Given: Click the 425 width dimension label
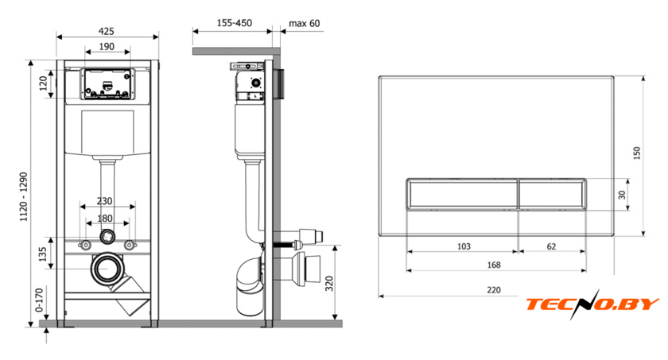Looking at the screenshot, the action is (107, 31).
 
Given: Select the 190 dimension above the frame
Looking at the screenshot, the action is (107, 46).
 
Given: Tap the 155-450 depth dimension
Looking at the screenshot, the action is (235, 22).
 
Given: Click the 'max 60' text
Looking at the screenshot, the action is (304, 23).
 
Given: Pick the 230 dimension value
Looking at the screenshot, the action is (104, 201).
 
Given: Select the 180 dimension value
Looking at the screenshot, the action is (105, 219).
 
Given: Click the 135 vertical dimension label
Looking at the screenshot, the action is (43, 254).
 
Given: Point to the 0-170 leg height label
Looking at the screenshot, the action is (39, 300).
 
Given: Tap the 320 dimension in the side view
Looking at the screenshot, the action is (329, 284).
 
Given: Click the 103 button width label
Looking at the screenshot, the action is (464, 246).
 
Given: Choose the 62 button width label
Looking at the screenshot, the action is (551, 246).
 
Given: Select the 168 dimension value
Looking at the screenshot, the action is (494, 265).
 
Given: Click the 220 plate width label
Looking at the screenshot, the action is (494, 290).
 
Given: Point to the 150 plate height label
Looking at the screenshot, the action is (636, 153).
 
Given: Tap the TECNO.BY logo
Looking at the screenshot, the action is (592, 304).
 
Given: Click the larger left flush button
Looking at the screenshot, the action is (462, 194).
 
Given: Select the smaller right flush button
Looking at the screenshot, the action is (552, 194).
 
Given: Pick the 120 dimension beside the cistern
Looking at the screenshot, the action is (43, 83).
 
